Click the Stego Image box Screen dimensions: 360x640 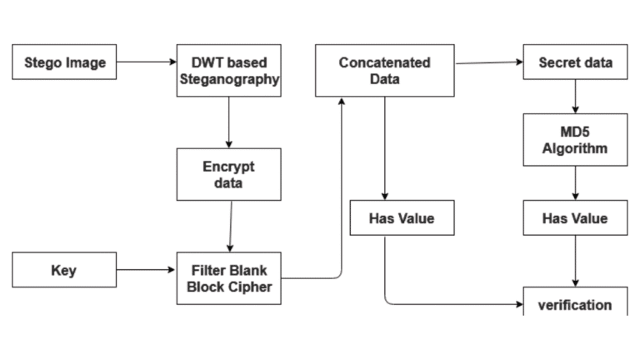point(63,62)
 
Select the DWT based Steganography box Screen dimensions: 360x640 point(227,72)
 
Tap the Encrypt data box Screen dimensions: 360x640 point(227,173)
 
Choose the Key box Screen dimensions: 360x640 point(63,271)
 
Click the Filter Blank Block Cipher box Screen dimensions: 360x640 point(227,279)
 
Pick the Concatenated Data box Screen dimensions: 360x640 point(384,71)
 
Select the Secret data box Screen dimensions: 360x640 point(575,62)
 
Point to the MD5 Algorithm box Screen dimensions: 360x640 point(575,139)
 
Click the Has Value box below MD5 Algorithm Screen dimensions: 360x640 point(575,218)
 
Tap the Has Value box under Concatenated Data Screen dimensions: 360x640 point(402,218)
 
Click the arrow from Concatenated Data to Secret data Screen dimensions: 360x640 point(488,62)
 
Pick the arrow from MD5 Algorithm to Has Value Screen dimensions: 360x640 point(575,183)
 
